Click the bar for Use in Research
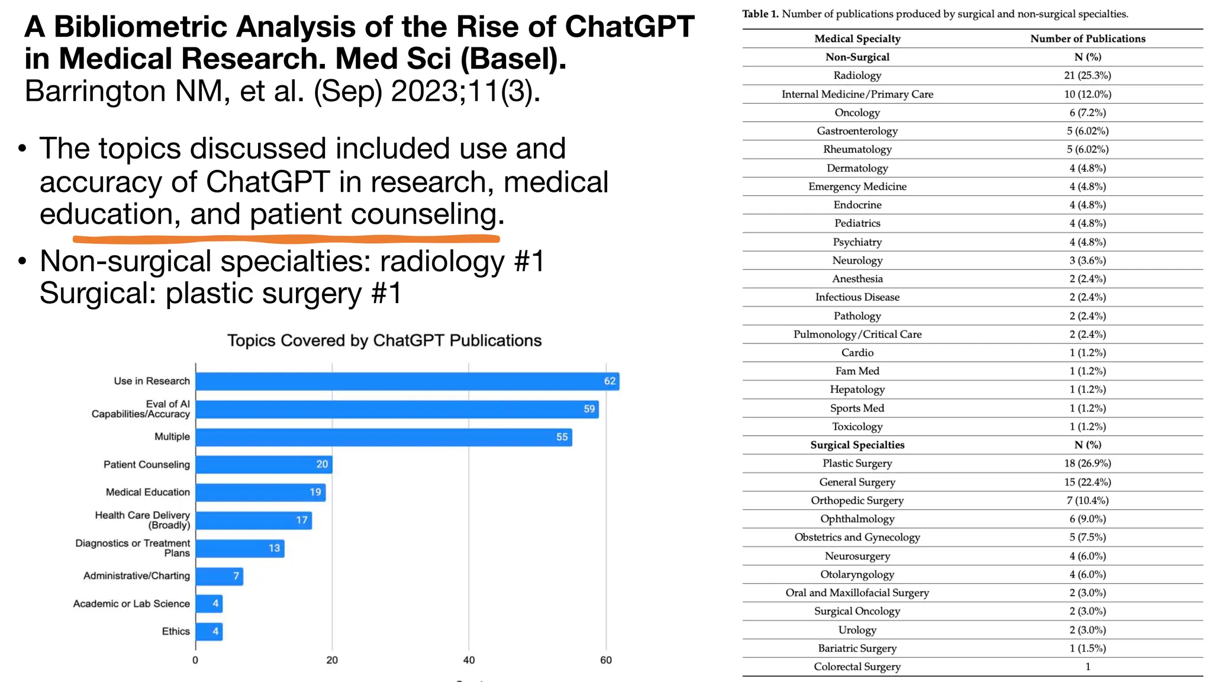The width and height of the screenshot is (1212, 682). pyautogui.click(x=407, y=381)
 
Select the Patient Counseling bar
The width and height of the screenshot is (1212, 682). pyautogui.click(x=264, y=465)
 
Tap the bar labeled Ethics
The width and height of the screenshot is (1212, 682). pyautogui.click(x=209, y=632)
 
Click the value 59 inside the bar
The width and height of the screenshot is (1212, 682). pyautogui.click(x=589, y=409)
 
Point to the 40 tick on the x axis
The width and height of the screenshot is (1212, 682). pyautogui.click(x=469, y=660)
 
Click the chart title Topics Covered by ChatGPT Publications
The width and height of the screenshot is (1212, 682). pyautogui.click(x=384, y=341)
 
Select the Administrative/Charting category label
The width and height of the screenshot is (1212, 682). pyautogui.click(x=137, y=575)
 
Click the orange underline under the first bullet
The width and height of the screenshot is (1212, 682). pyautogui.click(x=286, y=239)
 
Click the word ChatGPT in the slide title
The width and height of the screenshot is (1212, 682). pyautogui.click(x=629, y=27)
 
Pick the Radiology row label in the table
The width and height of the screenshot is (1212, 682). pyautogui.click(x=857, y=76)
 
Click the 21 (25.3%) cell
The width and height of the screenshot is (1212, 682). pyautogui.click(x=1087, y=76)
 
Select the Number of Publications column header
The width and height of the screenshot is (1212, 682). pyautogui.click(x=1087, y=38)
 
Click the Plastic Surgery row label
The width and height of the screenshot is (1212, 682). pyautogui.click(x=857, y=464)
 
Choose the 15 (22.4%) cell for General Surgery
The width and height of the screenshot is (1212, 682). pyautogui.click(x=1087, y=482)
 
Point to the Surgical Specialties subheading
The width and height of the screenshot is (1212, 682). pyautogui.click(x=857, y=445)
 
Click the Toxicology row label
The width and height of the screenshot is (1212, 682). pyautogui.click(x=857, y=427)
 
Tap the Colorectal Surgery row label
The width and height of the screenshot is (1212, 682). pyautogui.click(x=857, y=667)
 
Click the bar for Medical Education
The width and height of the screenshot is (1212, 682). pyautogui.click(x=260, y=493)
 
